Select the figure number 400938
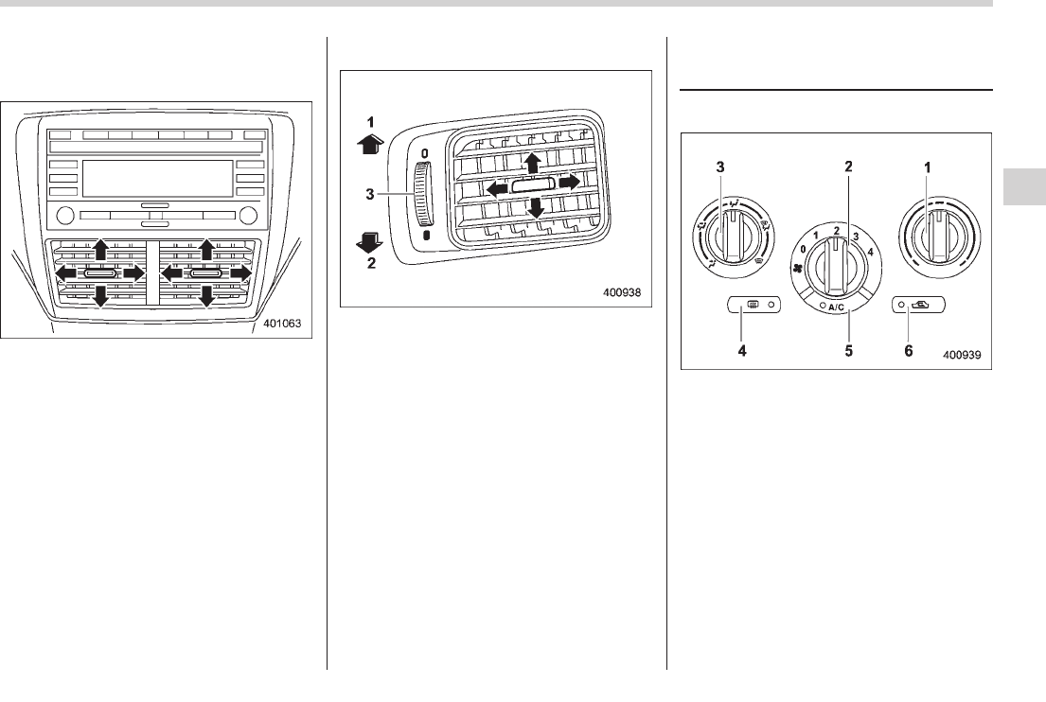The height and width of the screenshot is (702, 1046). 621,292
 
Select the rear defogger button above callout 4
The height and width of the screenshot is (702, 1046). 753,305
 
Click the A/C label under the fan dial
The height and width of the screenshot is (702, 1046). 835,307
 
